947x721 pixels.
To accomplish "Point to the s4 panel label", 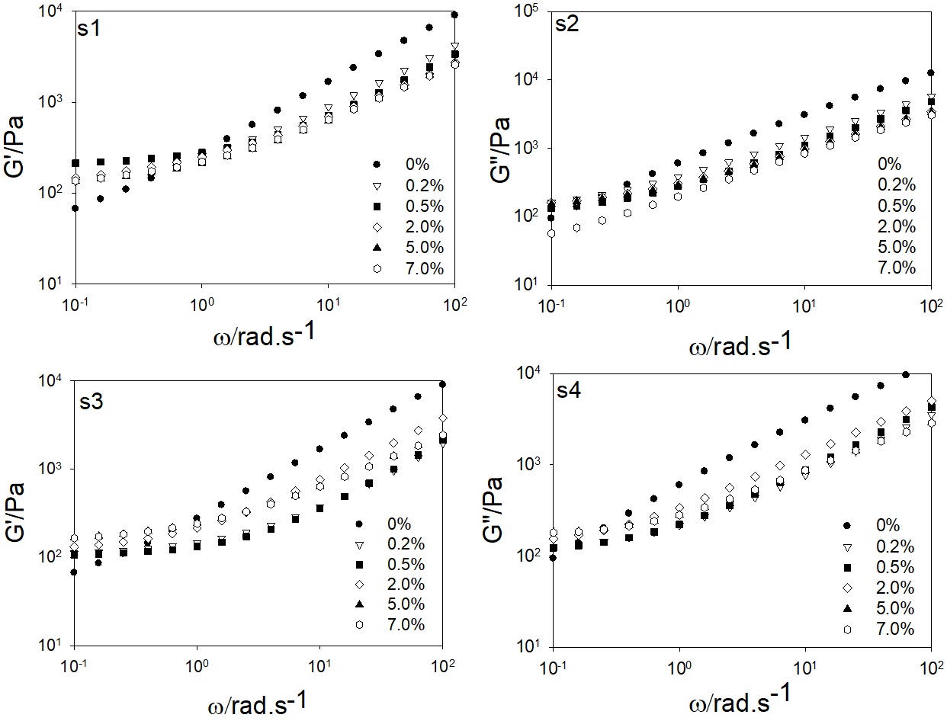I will tap(567, 392).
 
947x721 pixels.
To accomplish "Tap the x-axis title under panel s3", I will tap(258, 700).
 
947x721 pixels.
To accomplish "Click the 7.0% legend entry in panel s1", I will tap(425, 268).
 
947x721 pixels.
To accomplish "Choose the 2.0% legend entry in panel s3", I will tap(406, 585).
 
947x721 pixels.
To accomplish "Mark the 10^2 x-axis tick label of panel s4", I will tap(929, 664).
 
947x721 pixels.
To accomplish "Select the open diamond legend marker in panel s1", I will tap(376, 227).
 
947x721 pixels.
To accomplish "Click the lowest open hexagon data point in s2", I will tap(551, 233).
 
